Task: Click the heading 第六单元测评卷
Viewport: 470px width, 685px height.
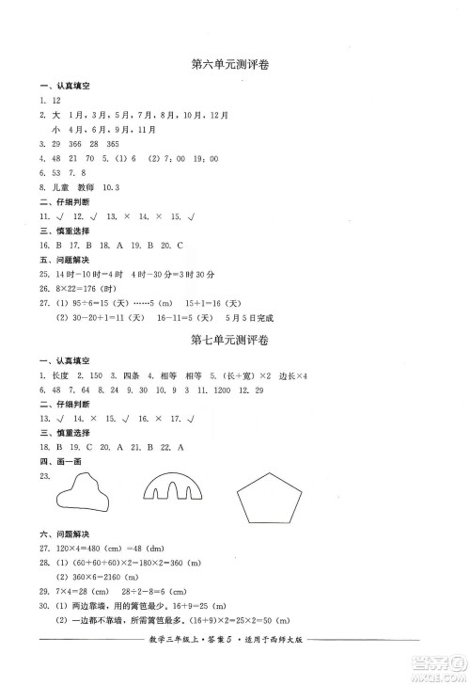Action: coord(236,65)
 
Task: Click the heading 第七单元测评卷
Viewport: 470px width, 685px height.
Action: coord(236,340)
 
